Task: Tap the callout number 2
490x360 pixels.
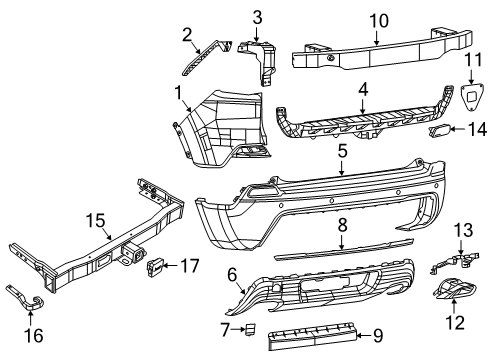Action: pos(185,34)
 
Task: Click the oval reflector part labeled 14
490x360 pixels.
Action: pos(439,130)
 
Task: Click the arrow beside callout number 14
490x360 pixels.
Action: pos(461,130)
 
